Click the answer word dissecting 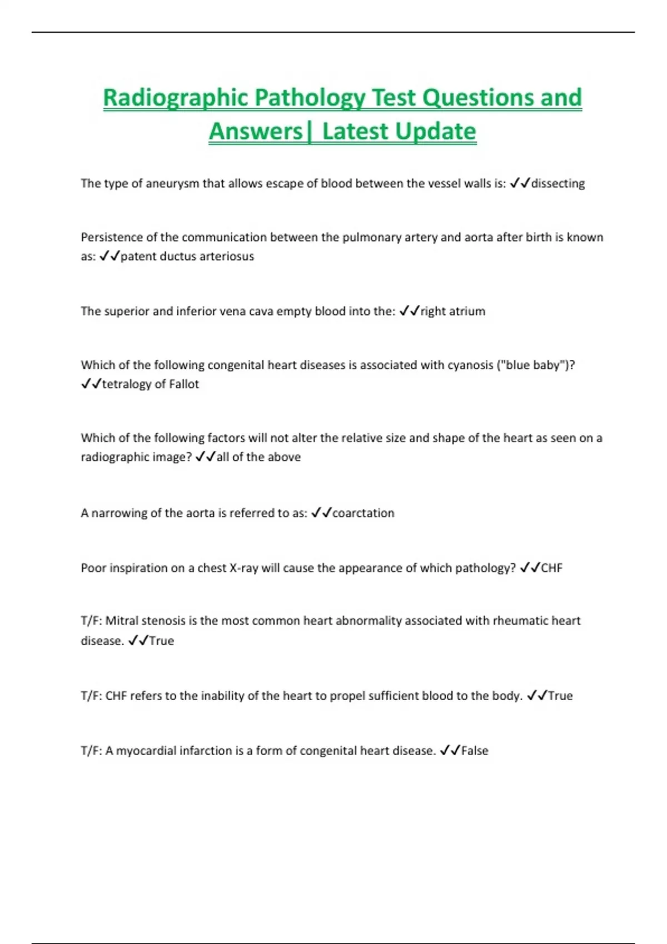(558, 183)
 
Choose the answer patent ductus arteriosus (187, 257)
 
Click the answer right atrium (453, 311)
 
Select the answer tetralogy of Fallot (151, 384)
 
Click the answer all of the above (258, 457)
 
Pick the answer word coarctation (364, 513)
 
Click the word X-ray (243, 568)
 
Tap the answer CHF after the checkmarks (551, 568)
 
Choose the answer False (475, 751)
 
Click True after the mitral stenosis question (162, 641)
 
